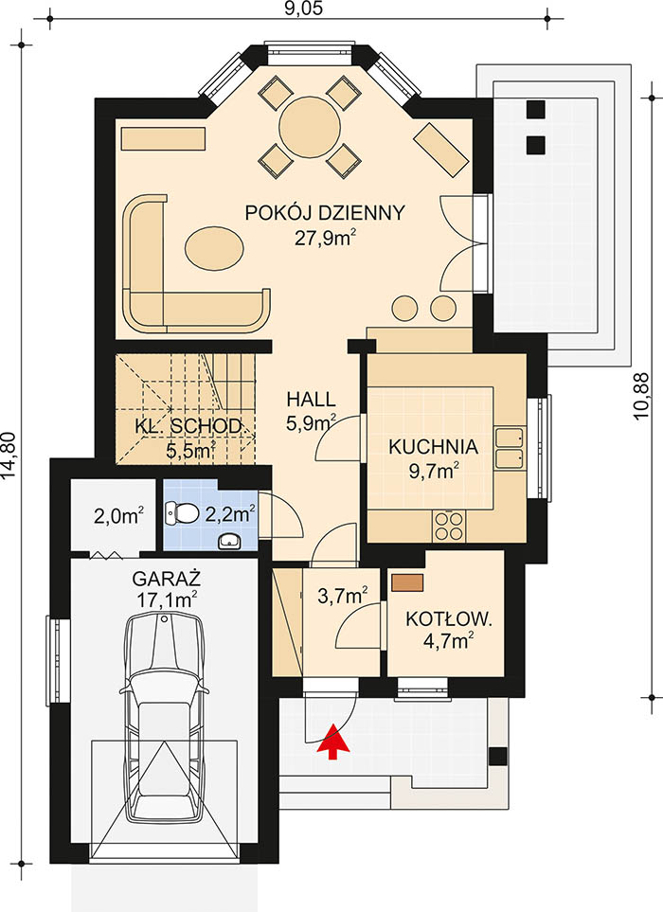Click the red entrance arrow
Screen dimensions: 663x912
(332, 741)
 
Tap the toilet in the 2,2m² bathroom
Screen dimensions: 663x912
(182, 512)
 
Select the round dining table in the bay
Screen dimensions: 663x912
(310, 128)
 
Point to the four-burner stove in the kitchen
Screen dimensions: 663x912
(448, 526)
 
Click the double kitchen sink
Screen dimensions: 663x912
(510, 448)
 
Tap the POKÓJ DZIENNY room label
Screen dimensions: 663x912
(325, 213)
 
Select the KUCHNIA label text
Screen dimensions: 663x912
(433, 447)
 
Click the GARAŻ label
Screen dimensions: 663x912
(167, 579)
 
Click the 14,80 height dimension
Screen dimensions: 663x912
(9, 456)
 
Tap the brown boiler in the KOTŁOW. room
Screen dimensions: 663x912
(407, 582)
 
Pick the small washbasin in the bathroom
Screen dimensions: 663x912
(231, 542)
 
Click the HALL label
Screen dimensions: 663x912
(312, 400)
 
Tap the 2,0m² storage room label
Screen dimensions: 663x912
(118, 515)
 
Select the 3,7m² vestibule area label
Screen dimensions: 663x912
(342, 596)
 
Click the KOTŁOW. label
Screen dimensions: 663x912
(449, 618)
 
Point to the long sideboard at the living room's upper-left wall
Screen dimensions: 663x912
(164, 139)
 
